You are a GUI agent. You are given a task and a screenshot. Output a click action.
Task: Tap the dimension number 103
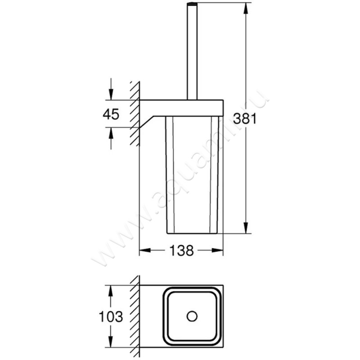pos(111,317)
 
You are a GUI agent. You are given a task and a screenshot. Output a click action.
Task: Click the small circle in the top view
pos(193,316)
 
